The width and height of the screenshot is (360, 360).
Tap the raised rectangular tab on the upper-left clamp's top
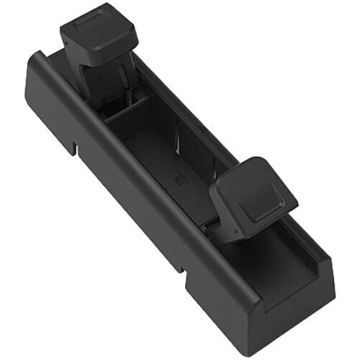(92, 22)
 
